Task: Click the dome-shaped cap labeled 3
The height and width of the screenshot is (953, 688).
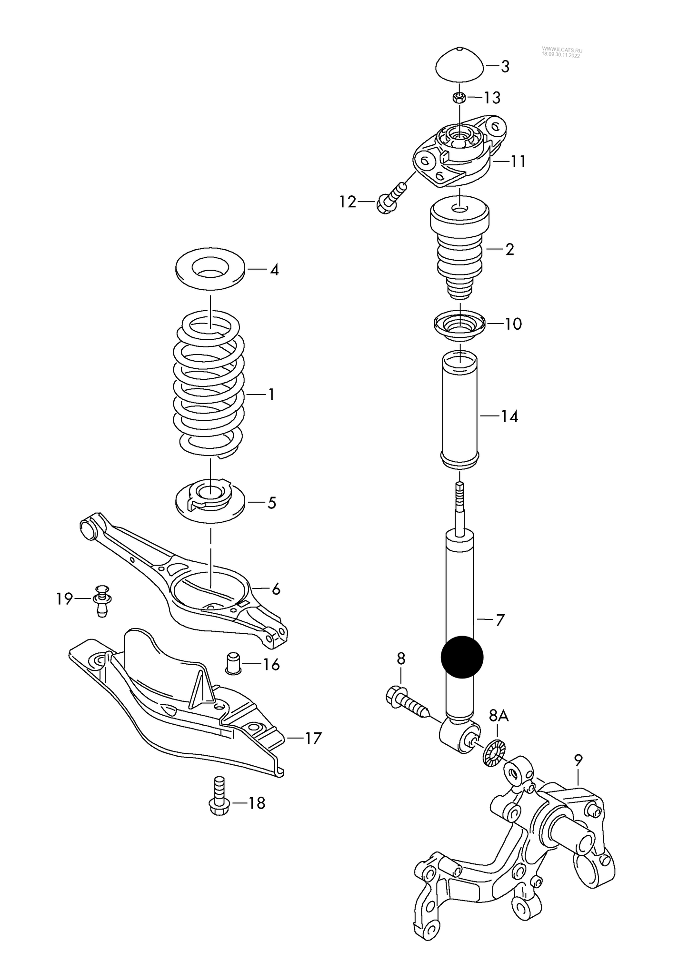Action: (x=460, y=65)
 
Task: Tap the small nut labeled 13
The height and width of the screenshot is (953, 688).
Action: (x=459, y=98)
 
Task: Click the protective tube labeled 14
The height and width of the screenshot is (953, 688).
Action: (x=459, y=410)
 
